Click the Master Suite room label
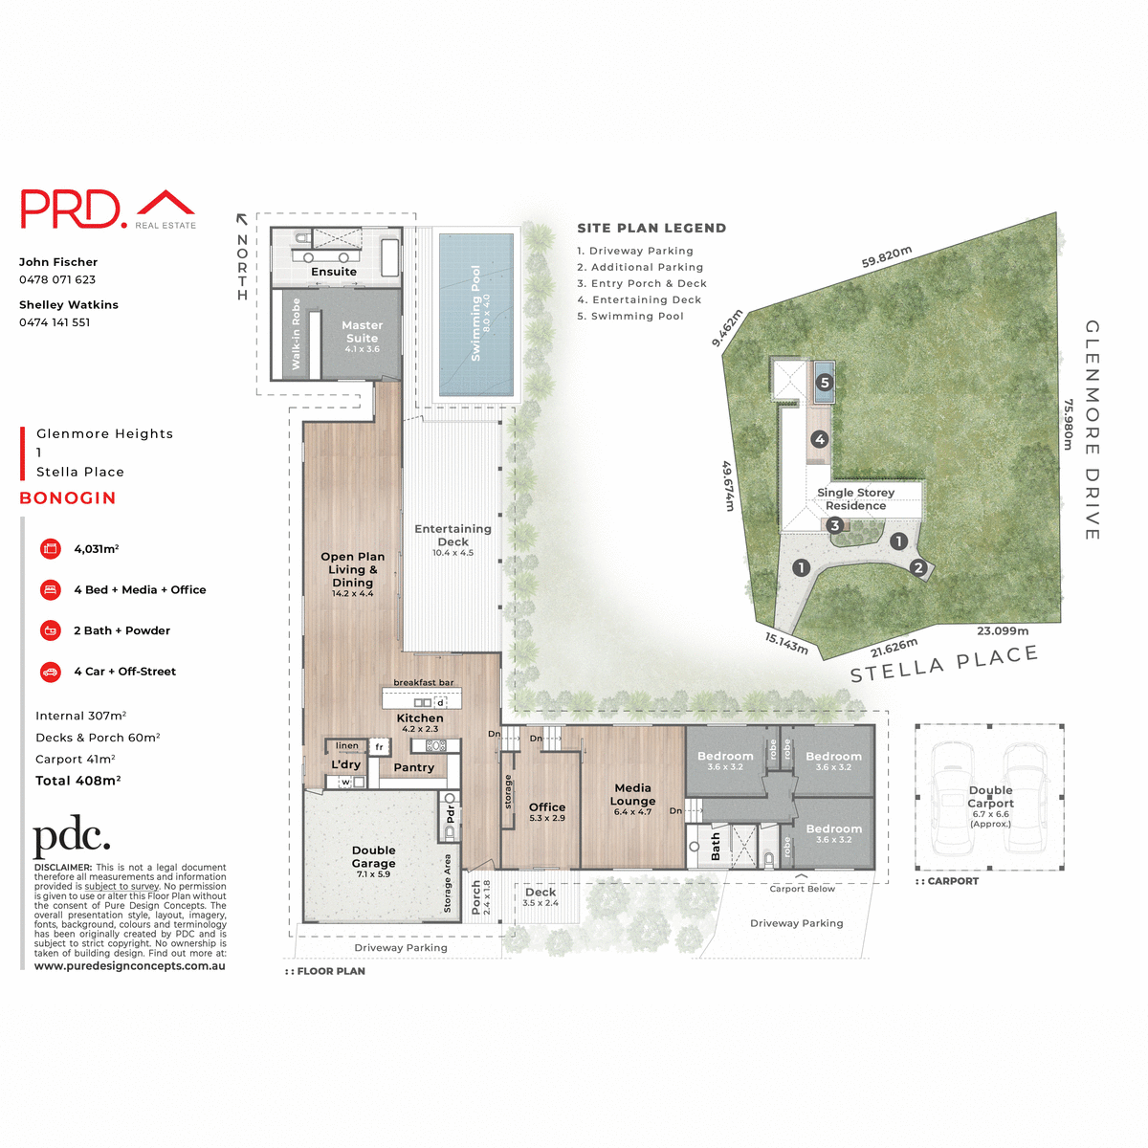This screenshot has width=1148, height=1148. pos(362,332)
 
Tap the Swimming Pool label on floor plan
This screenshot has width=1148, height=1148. pos(476,313)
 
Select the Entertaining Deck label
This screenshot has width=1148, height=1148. pos(453,535)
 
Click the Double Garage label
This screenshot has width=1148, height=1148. pos(373,856)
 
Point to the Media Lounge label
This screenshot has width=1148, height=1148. pos(632,794)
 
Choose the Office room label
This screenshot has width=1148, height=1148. pos(547,807)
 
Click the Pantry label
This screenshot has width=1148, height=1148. pos(413,767)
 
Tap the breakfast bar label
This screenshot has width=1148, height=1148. pos(424,682)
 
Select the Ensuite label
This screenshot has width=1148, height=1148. pos(334,272)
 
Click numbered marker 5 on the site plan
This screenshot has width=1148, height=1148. pos(825,383)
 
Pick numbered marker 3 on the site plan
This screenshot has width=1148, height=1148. pos(834,525)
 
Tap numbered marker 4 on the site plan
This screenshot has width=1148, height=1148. pos(819,439)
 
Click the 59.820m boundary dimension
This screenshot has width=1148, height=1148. pos(887,256)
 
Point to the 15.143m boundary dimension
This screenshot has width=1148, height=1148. pos(786,643)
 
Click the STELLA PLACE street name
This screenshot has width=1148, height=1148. pos(943,663)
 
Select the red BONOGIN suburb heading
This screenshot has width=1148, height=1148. pos(68,498)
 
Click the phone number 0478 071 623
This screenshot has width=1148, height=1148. pos(57,279)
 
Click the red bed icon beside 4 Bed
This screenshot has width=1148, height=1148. pos(51,590)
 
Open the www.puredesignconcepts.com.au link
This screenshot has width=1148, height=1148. pos(130,966)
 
